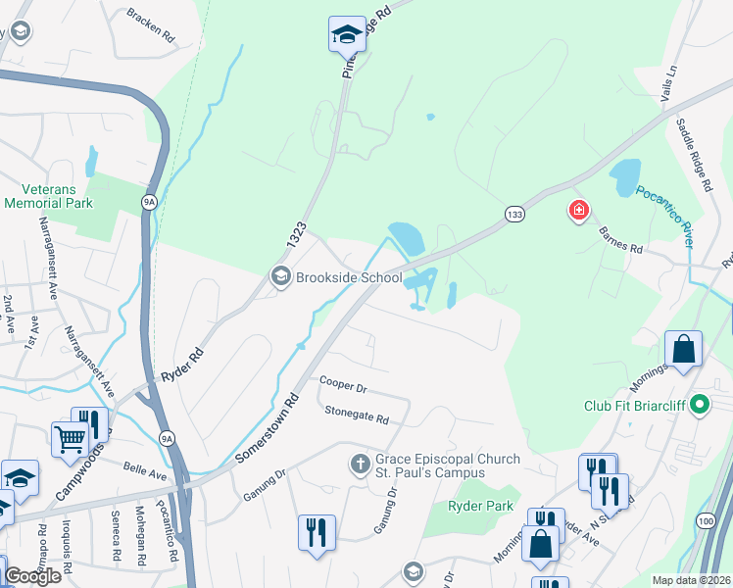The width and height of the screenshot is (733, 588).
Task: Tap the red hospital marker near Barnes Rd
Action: click(x=580, y=210)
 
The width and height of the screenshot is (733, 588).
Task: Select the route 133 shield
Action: click(x=513, y=213)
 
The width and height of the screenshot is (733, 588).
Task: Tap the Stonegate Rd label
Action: click(x=358, y=418)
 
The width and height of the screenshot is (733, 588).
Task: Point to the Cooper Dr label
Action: click(x=342, y=385)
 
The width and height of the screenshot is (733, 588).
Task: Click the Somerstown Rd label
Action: click(x=267, y=429)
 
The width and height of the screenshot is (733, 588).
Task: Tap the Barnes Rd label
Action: click(x=621, y=242)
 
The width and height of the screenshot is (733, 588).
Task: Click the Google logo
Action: click(x=32, y=575)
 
